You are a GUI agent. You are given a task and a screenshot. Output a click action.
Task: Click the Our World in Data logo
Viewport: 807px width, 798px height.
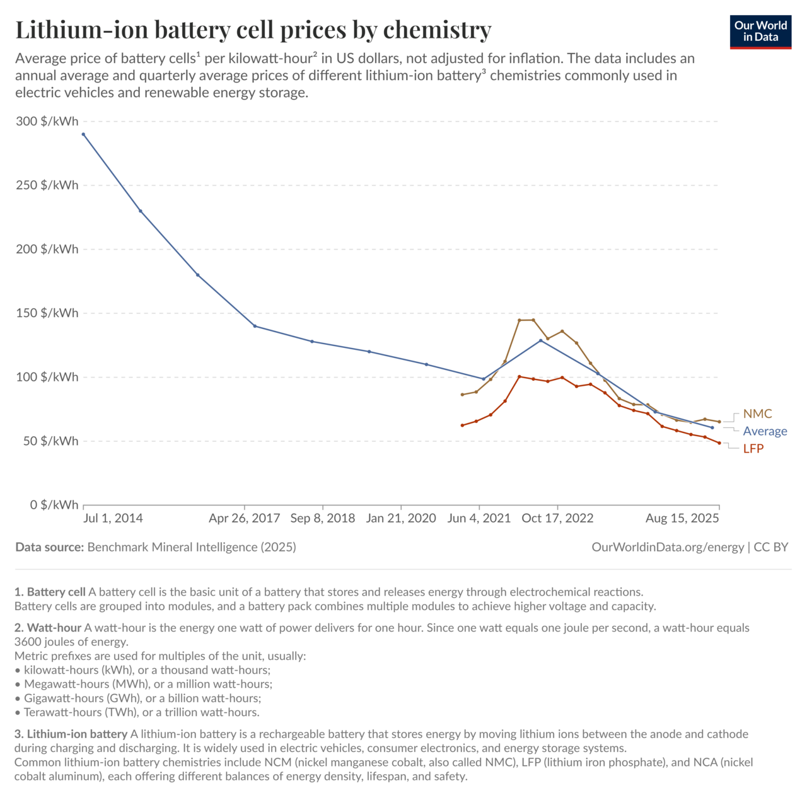760,32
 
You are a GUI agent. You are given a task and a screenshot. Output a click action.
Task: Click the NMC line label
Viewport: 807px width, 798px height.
757,413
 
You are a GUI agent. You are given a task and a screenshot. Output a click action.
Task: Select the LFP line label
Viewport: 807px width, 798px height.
753,448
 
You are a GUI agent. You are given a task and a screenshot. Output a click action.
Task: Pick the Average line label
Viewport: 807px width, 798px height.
765,431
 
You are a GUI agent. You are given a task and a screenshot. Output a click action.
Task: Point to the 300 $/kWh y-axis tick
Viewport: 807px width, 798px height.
47,121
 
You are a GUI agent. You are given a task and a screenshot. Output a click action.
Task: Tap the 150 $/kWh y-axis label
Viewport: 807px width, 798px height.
47,313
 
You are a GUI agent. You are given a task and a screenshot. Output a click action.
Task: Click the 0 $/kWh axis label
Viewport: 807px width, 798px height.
54,505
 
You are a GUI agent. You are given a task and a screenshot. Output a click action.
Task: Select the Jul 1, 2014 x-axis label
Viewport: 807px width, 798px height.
113,518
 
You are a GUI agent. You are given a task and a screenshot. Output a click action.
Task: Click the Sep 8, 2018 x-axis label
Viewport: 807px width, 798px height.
322,518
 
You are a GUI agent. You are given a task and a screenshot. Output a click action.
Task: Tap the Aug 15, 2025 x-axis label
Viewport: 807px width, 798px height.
682,518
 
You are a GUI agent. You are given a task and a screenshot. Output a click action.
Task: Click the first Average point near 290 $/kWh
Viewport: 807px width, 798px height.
83,134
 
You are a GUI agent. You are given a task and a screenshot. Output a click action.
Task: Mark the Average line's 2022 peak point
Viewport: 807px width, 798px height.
541,340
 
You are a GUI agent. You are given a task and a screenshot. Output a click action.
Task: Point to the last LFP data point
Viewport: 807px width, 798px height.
719,442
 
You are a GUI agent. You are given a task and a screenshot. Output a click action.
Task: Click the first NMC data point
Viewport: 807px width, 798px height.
462,395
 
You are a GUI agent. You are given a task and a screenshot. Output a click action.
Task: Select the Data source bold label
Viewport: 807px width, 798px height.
50,547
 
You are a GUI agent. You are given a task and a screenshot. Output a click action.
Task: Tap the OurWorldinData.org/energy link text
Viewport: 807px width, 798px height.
668,547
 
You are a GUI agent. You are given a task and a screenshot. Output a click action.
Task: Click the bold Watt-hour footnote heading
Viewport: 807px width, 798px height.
54,628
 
